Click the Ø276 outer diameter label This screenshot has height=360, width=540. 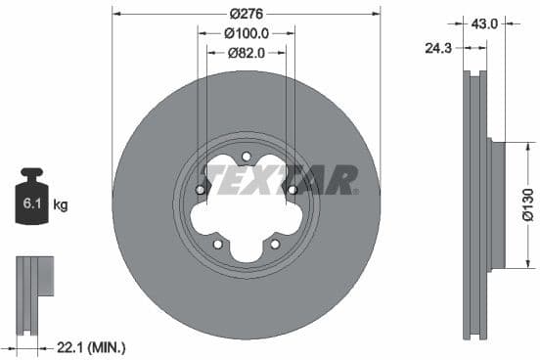(246, 15)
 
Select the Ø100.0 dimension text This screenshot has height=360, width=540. (246, 33)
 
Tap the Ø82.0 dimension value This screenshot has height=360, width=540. (246, 53)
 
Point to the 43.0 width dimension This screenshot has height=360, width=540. (486, 22)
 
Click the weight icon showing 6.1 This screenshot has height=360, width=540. (32, 202)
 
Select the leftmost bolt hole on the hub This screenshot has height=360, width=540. (201, 190)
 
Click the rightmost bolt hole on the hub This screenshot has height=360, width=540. (292, 190)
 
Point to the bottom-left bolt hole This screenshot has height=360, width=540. (218, 244)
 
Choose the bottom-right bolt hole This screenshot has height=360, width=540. (274, 244)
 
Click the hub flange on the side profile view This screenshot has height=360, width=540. (496, 205)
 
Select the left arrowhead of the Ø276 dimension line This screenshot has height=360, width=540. (116, 14)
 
